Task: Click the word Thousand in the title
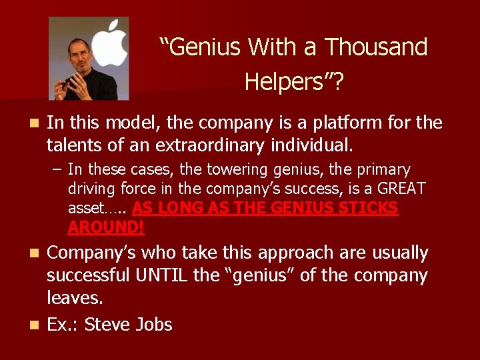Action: [376, 47]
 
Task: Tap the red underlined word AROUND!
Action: [105, 227]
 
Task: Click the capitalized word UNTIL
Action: [158, 275]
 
